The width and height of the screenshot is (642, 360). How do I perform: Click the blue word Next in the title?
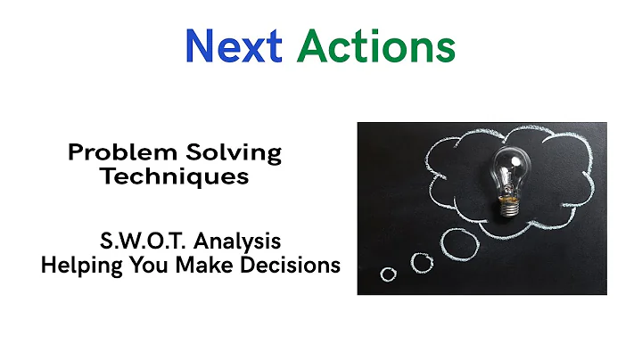pyautogui.click(x=234, y=45)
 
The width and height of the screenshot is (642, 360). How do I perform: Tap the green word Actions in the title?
pyautogui.click(x=376, y=45)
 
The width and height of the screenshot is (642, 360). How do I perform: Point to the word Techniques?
pyautogui.click(x=175, y=176)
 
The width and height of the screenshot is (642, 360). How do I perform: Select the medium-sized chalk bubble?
pyautogui.click(x=421, y=261)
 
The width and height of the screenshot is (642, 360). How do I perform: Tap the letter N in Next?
pyautogui.click(x=201, y=45)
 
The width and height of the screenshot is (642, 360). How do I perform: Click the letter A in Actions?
pyautogui.click(x=312, y=45)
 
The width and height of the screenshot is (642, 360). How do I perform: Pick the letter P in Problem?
pyautogui.click(x=76, y=152)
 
